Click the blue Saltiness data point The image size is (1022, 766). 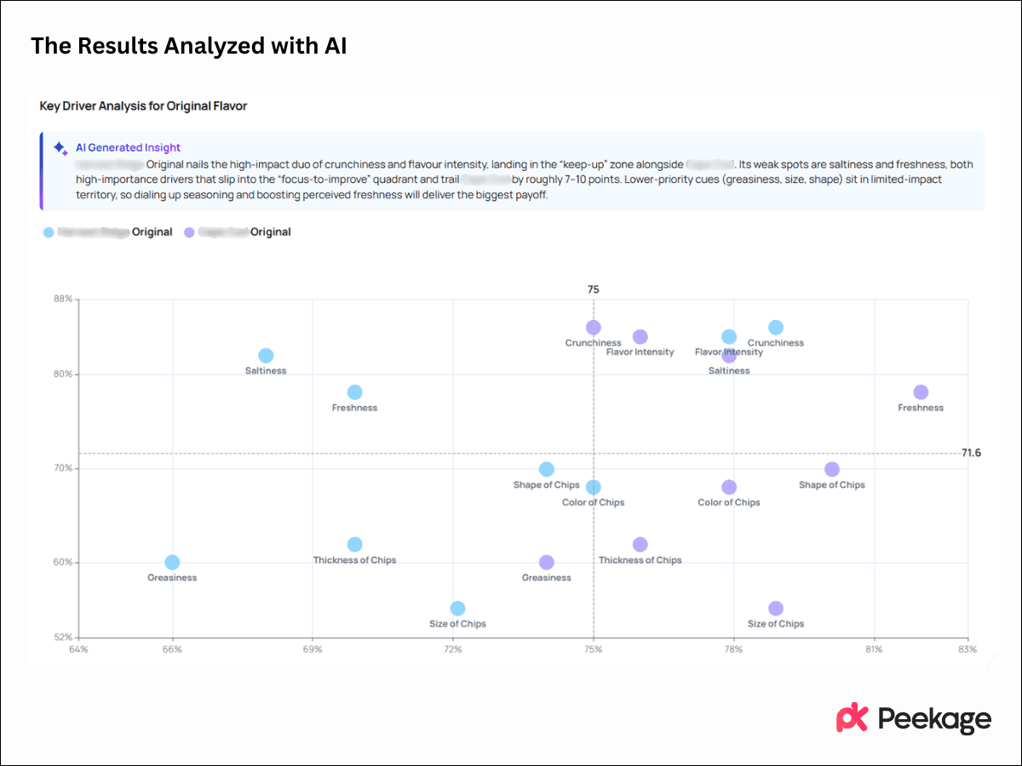pos(266,356)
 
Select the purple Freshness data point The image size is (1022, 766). pos(921,392)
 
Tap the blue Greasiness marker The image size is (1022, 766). pos(172,563)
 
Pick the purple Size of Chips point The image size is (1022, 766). pos(775,609)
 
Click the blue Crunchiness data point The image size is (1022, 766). pos(775,328)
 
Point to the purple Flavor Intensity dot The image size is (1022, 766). pos(640,337)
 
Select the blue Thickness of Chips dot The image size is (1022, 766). pos(354,545)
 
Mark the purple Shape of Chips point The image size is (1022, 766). pos(832,470)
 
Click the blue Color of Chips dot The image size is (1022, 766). pos(594,488)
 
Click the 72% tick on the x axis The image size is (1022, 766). pos(453,650)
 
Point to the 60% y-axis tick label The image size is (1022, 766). pos(64,563)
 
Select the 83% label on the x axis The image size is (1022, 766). pos(967,650)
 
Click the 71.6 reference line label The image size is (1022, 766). pos(971,453)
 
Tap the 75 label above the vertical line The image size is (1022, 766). pos(594,289)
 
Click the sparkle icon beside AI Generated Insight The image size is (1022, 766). pos(60,148)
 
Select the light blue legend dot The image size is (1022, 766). pos(49,232)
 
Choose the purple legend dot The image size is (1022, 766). pos(190,232)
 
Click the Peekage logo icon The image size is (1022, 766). pos(852,718)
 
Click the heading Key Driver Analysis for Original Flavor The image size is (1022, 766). pos(143,106)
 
